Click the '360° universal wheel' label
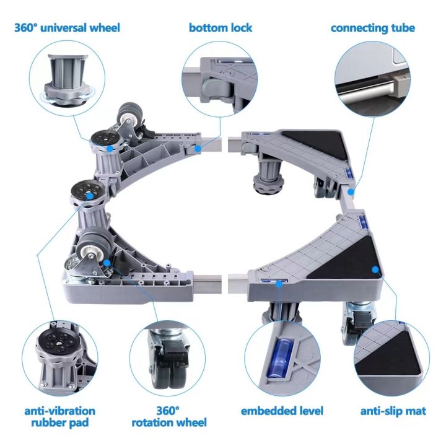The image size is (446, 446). pos(68,28)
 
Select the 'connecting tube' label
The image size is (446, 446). pos(372,28)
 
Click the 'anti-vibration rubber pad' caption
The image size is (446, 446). pos(59,416)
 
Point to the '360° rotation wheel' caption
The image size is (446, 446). pos(168,416)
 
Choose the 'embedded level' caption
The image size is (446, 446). pos(282,411)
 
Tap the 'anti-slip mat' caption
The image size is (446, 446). pos(393,411)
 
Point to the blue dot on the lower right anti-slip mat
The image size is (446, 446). pos(374,268)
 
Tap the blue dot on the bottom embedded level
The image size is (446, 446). pos(281,283)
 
